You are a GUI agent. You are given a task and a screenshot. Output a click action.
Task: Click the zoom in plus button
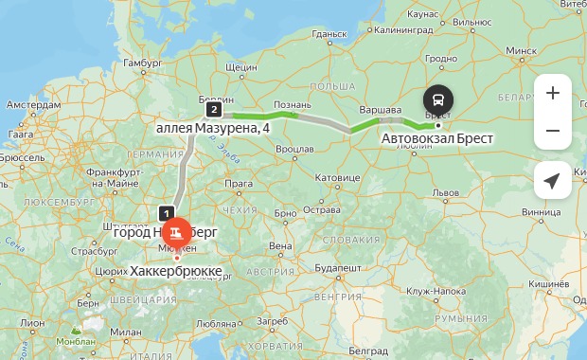pos(553,93)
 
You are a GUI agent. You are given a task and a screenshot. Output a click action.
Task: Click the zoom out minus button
pos(553,131)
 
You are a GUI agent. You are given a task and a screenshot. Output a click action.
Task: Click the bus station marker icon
pos(437,99)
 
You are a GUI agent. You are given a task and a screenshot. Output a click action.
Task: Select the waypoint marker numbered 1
pos(168,213)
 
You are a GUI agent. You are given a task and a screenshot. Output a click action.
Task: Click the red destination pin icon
pos(176,233)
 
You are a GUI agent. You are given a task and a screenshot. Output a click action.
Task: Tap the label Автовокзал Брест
pos(437,138)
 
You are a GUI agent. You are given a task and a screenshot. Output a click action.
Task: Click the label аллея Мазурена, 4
pos(213,126)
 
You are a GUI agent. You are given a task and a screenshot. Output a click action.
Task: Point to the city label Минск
pos(522,50)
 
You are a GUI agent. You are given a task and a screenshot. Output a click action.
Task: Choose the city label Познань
pos(292,104)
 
